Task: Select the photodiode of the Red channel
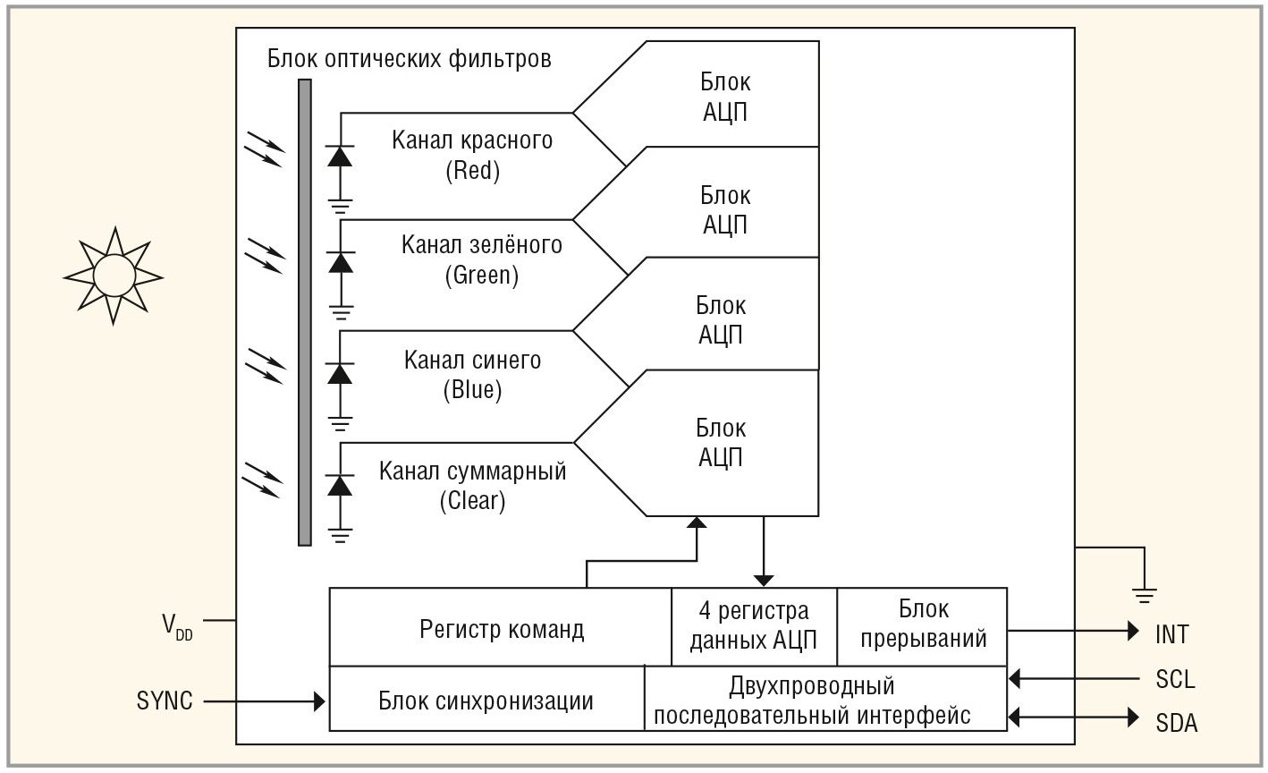click(x=340, y=156)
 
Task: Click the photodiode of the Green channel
click(x=340, y=262)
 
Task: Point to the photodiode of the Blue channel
click(x=340, y=373)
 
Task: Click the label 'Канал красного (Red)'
click(x=472, y=155)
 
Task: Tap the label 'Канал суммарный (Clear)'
click(x=472, y=485)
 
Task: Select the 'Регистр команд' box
click(x=501, y=628)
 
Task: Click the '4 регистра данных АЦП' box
click(x=754, y=626)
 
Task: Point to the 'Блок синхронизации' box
click(x=486, y=700)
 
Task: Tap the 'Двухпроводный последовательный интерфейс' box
click(x=825, y=700)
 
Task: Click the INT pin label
click(x=1171, y=634)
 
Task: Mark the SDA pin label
click(x=1176, y=722)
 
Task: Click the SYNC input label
click(x=165, y=701)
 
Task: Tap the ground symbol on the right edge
click(x=1143, y=591)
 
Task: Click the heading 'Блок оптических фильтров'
click(x=409, y=60)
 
